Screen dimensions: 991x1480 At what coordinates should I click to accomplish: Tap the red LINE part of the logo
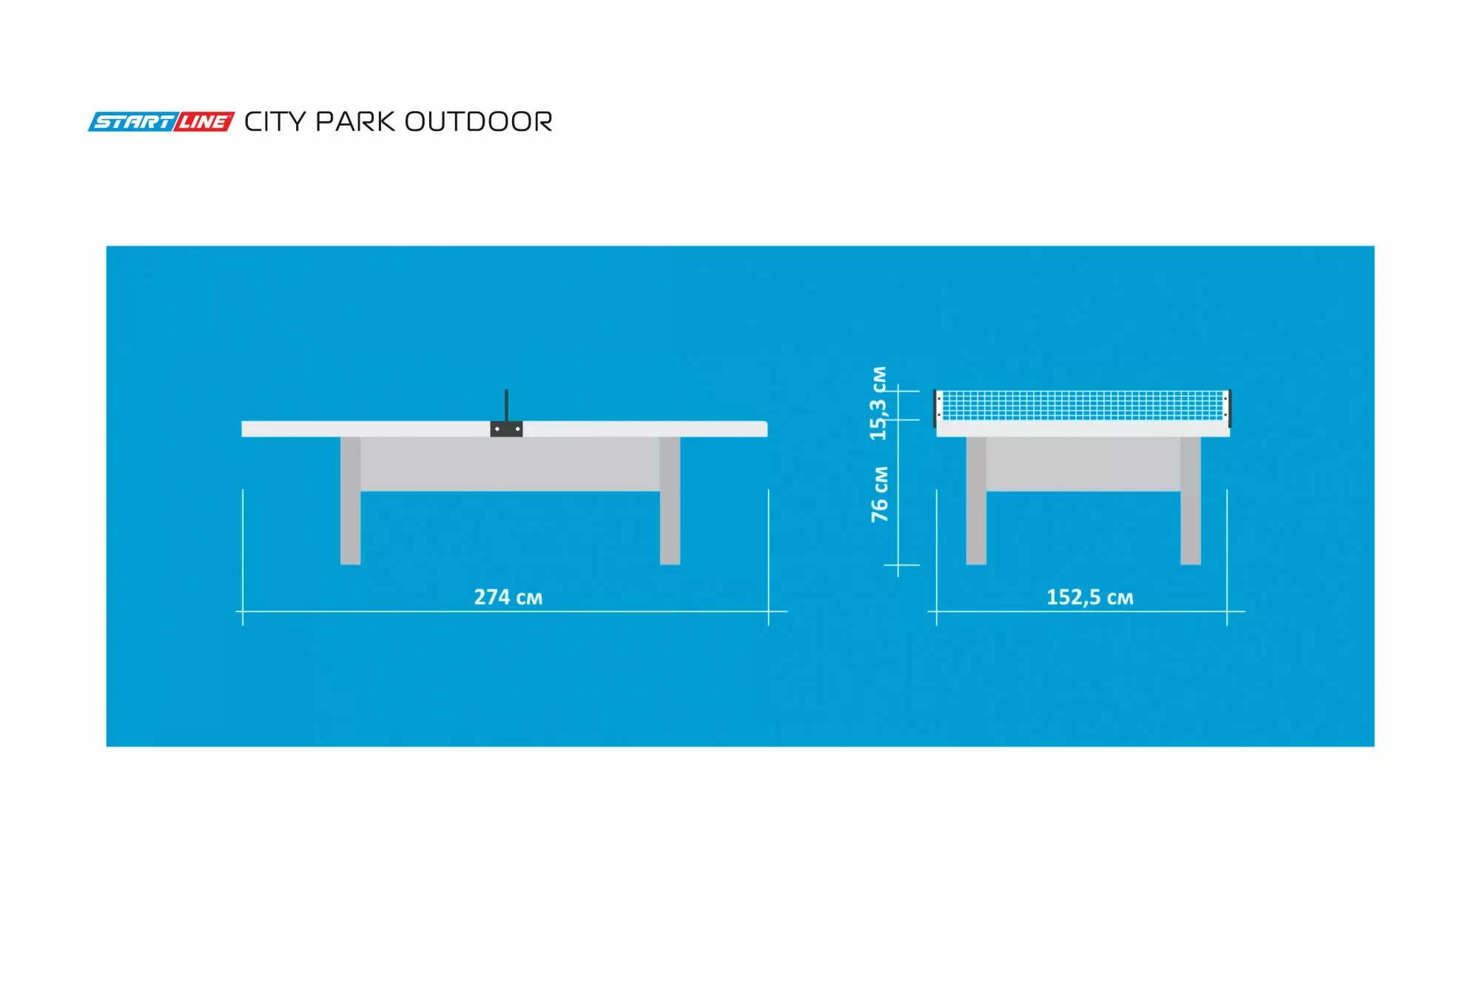pos(204,122)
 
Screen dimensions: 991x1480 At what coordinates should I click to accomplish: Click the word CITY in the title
pos(274,122)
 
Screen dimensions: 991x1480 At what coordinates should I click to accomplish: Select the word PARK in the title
pos(355,122)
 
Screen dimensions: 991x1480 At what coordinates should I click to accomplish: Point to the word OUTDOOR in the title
pos(479,122)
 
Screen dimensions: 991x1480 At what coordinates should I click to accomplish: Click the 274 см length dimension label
pos(508,597)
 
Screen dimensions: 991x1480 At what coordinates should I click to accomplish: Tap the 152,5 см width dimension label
pos(1089,597)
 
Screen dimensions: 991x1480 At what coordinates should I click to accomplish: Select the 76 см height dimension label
pos(880,494)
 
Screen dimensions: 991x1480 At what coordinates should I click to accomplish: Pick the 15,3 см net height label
pos(878,403)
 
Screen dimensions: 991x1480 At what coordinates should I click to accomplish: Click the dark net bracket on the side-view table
pos(506,429)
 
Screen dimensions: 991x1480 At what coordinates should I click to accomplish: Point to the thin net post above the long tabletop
pos(506,405)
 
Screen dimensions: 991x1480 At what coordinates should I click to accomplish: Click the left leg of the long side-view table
pos(351,503)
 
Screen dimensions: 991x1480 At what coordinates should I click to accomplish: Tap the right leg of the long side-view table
pos(670,503)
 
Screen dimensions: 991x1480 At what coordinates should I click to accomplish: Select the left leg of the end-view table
pos(976,503)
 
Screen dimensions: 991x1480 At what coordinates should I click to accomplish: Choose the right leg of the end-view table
pos(1191,503)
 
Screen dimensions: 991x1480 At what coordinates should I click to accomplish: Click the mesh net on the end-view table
pos(1082,405)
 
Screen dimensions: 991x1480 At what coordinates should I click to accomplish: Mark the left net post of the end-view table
pos(935,408)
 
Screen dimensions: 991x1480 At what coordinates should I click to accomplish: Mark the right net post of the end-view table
pos(1228,408)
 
